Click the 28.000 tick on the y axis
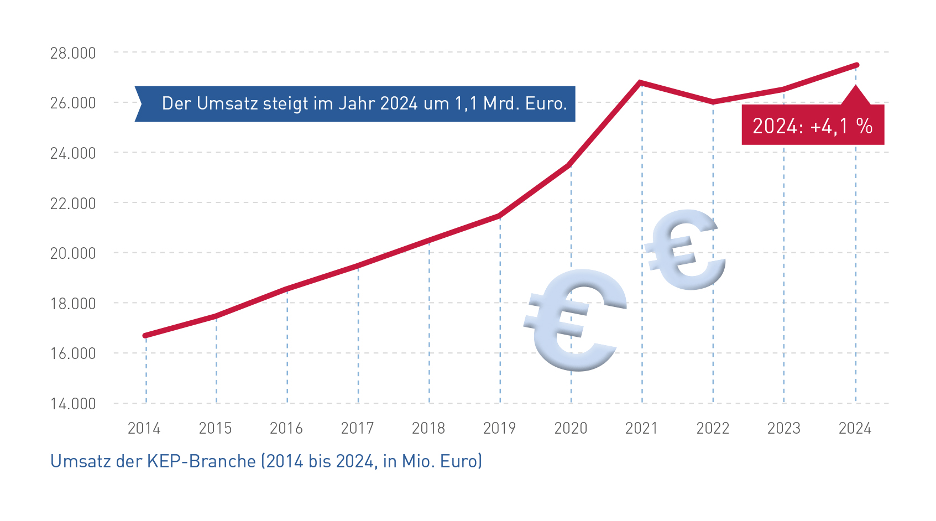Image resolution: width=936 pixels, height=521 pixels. (x=73, y=53)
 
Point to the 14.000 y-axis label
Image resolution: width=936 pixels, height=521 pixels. (x=73, y=404)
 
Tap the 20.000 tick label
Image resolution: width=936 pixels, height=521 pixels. (x=73, y=253)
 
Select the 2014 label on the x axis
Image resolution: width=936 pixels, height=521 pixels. (x=144, y=428)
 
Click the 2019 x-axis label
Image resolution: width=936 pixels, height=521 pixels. (x=499, y=428)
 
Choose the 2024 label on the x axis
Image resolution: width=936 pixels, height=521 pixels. (x=855, y=428)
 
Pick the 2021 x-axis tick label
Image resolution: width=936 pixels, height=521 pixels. (x=641, y=428)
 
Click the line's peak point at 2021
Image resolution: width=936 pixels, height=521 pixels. (x=640, y=82)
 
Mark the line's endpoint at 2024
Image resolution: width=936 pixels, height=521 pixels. (x=856, y=65)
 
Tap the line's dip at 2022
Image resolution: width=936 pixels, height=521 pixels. (x=713, y=102)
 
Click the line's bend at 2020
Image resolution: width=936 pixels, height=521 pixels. (x=570, y=165)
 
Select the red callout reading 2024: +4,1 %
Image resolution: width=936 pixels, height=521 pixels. (x=812, y=126)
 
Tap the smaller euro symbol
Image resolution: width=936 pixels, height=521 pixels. (x=686, y=249)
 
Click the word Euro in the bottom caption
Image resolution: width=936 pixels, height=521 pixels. (x=460, y=461)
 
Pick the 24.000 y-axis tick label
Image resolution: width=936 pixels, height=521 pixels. (x=73, y=153)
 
